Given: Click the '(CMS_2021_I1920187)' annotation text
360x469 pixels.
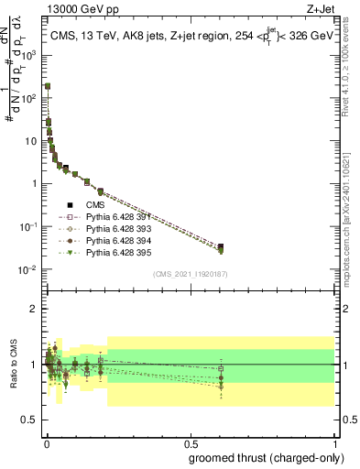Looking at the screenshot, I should point(191,274).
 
